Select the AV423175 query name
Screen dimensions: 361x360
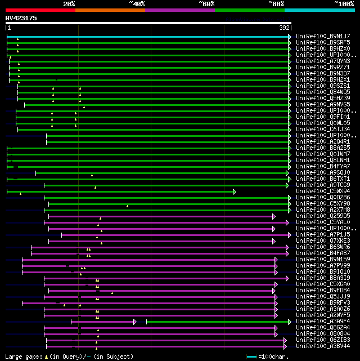click(21, 18)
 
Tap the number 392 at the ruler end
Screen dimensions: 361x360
click(284, 28)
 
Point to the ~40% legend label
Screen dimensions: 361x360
click(137, 3)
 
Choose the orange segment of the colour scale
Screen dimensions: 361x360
click(110, 10)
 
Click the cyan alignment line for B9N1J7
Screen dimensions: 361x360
click(146, 36)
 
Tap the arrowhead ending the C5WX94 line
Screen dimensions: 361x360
click(235, 191)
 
